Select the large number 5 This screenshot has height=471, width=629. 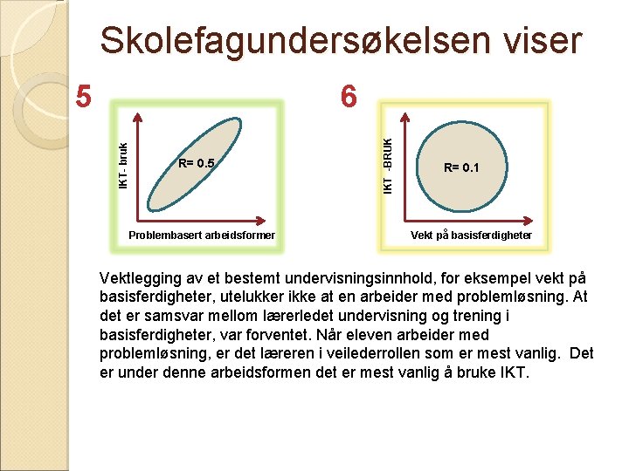pos(83,96)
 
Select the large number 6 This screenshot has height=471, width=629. pos(349,96)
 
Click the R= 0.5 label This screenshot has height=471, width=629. pos(196,163)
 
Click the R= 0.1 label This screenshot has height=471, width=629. pos(461,167)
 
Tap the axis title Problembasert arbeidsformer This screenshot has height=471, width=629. pos(201,235)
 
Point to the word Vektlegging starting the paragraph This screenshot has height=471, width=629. pos(140,278)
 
